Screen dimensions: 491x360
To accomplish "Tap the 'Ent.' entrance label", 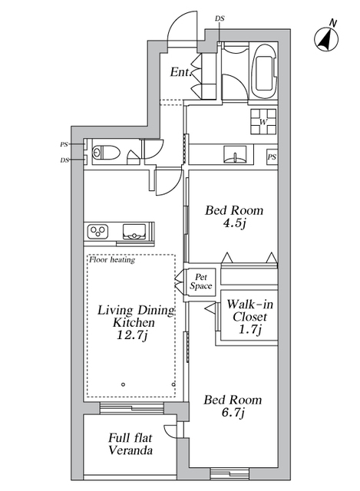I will click(x=180, y=73).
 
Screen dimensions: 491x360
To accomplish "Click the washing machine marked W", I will click(x=263, y=121).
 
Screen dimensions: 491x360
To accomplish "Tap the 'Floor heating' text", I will click(x=112, y=259).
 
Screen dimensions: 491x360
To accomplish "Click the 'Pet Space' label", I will click(x=201, y=282).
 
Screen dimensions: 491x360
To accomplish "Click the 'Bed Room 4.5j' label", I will click(x=234, y=216).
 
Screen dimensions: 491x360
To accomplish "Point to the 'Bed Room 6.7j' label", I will click(x=232, y=407).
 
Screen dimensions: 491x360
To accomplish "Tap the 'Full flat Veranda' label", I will click(x=130, y=444).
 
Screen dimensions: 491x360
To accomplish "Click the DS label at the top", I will click(x=220, y=18).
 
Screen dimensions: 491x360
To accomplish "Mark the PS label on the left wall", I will click(x=64, y=144).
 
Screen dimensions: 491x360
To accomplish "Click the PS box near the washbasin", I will click(x=272, y=157).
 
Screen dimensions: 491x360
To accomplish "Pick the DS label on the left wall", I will click(x=64, y=160).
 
